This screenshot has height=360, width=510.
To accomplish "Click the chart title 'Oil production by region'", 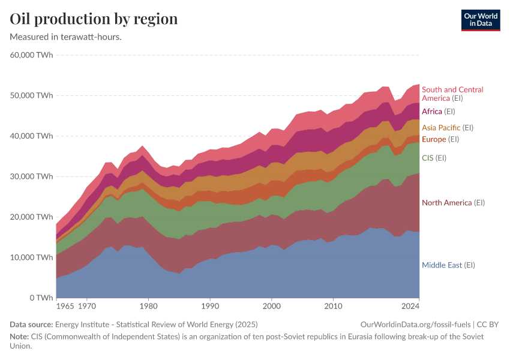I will [94, 19].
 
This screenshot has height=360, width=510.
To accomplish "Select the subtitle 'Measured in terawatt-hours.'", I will [66, 37].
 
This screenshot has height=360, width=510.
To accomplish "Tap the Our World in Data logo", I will [480, 20].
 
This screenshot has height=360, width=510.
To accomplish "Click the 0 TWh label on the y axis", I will [40, 298].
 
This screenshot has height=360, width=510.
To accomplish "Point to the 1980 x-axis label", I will [148, 307].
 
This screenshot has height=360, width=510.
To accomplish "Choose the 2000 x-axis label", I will [272, 307].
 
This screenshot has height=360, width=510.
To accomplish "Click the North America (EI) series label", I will [453, 203].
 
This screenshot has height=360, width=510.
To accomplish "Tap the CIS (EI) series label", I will [434, 158].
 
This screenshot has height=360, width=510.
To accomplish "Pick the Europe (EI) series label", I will [442, 139].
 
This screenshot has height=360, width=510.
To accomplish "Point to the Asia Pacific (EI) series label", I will [448, 127].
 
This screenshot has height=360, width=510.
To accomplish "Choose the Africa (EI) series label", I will [439, 111].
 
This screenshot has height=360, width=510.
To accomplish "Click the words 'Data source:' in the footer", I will [29, 324].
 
